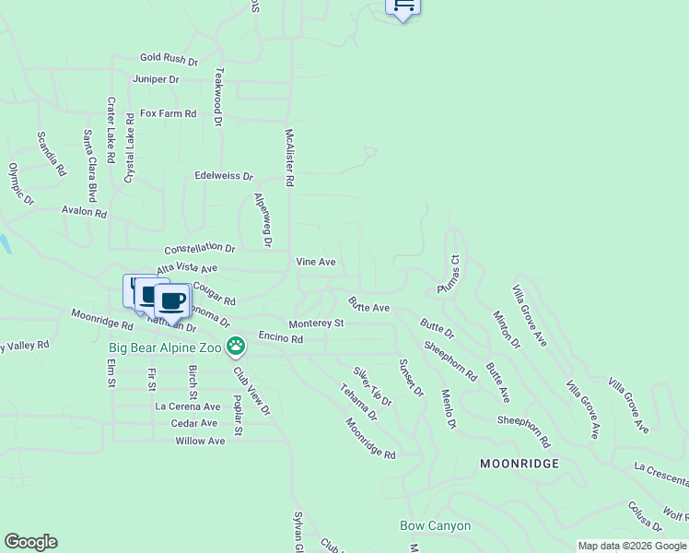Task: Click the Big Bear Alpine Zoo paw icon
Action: click(237, 347)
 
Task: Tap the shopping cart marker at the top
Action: click(403, 6)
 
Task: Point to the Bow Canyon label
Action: click(435, 526)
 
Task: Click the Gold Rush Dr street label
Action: click(169, 59)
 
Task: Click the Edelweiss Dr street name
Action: click(224, 175)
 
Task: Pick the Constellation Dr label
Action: click(200, 249)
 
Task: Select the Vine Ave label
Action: click(315, 262)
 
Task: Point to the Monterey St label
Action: click(316, 324)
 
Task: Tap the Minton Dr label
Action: click(507, 329)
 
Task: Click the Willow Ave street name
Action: click(200, 441)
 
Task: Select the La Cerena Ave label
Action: click(188, 406)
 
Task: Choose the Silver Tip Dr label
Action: click(372, 387)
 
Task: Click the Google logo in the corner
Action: click(30, 542)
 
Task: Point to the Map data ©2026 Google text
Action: click(632, 546)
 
